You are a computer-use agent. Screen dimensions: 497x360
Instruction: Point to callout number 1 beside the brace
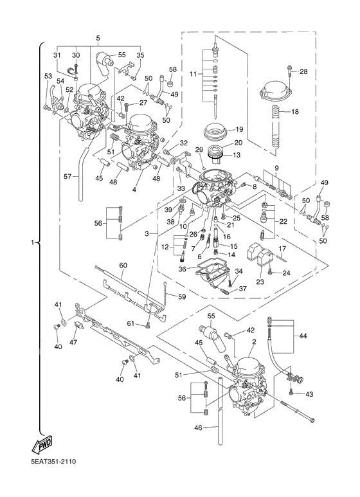[32, 244]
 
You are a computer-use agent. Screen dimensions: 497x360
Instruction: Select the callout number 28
[304, 71]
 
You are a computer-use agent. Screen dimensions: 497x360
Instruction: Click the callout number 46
[198, 428]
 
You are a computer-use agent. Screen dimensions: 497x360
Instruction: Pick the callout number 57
[67, 174]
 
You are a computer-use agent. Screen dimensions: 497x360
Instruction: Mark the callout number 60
[123, 264]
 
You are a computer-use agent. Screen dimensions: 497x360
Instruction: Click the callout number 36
[183, 269]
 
